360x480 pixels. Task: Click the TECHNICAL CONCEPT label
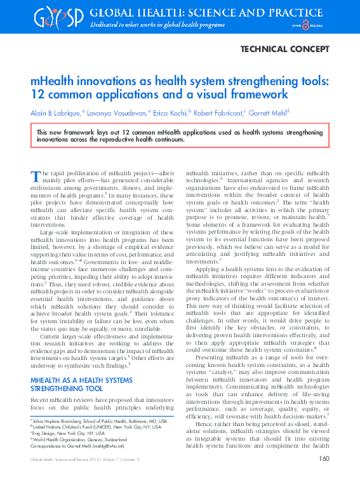pos(285,48)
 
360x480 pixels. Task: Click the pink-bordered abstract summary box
pos(180,135)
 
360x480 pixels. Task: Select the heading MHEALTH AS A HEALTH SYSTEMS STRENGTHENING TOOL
pos(78,385)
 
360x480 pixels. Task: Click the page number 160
pos(323,459)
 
